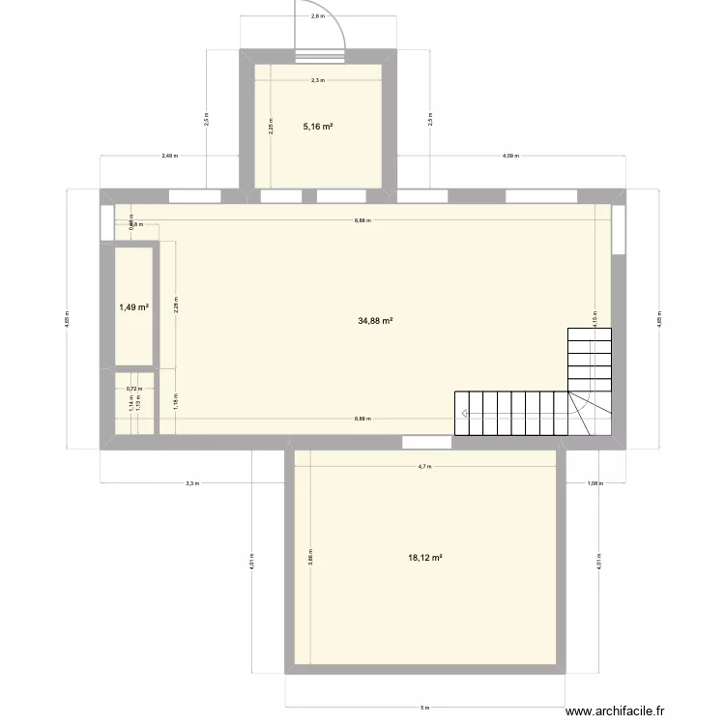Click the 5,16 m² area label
(x=319, y=126)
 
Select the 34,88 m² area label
(x=374, y=321)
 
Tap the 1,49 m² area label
(x=133, y=307)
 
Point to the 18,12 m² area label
(x=425, y=558)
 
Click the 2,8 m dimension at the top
(x=317, y=16)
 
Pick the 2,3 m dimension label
(x=318, y=81)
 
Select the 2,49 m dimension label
(x=170, y=155)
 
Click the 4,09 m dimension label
(x=510, y=155)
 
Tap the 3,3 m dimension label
(x=192, y=483)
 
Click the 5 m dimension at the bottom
(x=423, y=708)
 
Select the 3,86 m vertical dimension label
(x=311, y=559)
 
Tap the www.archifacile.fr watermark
(x=616, y=712)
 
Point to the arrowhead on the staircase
(x=467, y=414)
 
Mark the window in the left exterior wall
(x=106, y=223)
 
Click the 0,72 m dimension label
(x=133, y=389)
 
